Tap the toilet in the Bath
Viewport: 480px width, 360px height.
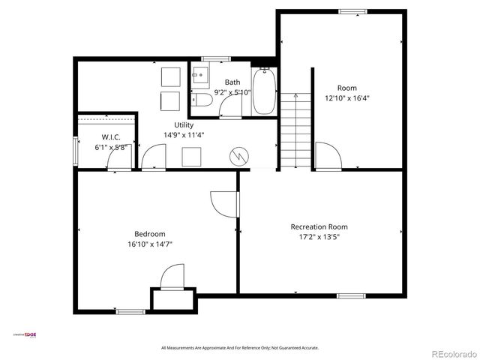tap(198, 100)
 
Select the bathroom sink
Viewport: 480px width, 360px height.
tap(200, 75)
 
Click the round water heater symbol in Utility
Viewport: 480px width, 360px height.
tap(239, 156)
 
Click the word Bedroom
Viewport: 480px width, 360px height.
tap(150, 233)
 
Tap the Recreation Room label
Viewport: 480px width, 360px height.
tap(319, 226)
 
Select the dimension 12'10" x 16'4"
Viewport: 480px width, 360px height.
tap(346, 98)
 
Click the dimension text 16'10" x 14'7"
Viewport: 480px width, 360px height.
tap(150, 244)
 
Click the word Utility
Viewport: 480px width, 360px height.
tap(184, 124)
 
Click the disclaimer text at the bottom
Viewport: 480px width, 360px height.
tap(240, 348)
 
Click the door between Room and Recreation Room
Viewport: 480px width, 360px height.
tap(327, 156)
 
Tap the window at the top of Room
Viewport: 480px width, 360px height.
tap(352, 11)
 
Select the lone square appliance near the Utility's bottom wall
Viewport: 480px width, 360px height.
tap(190, 156)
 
